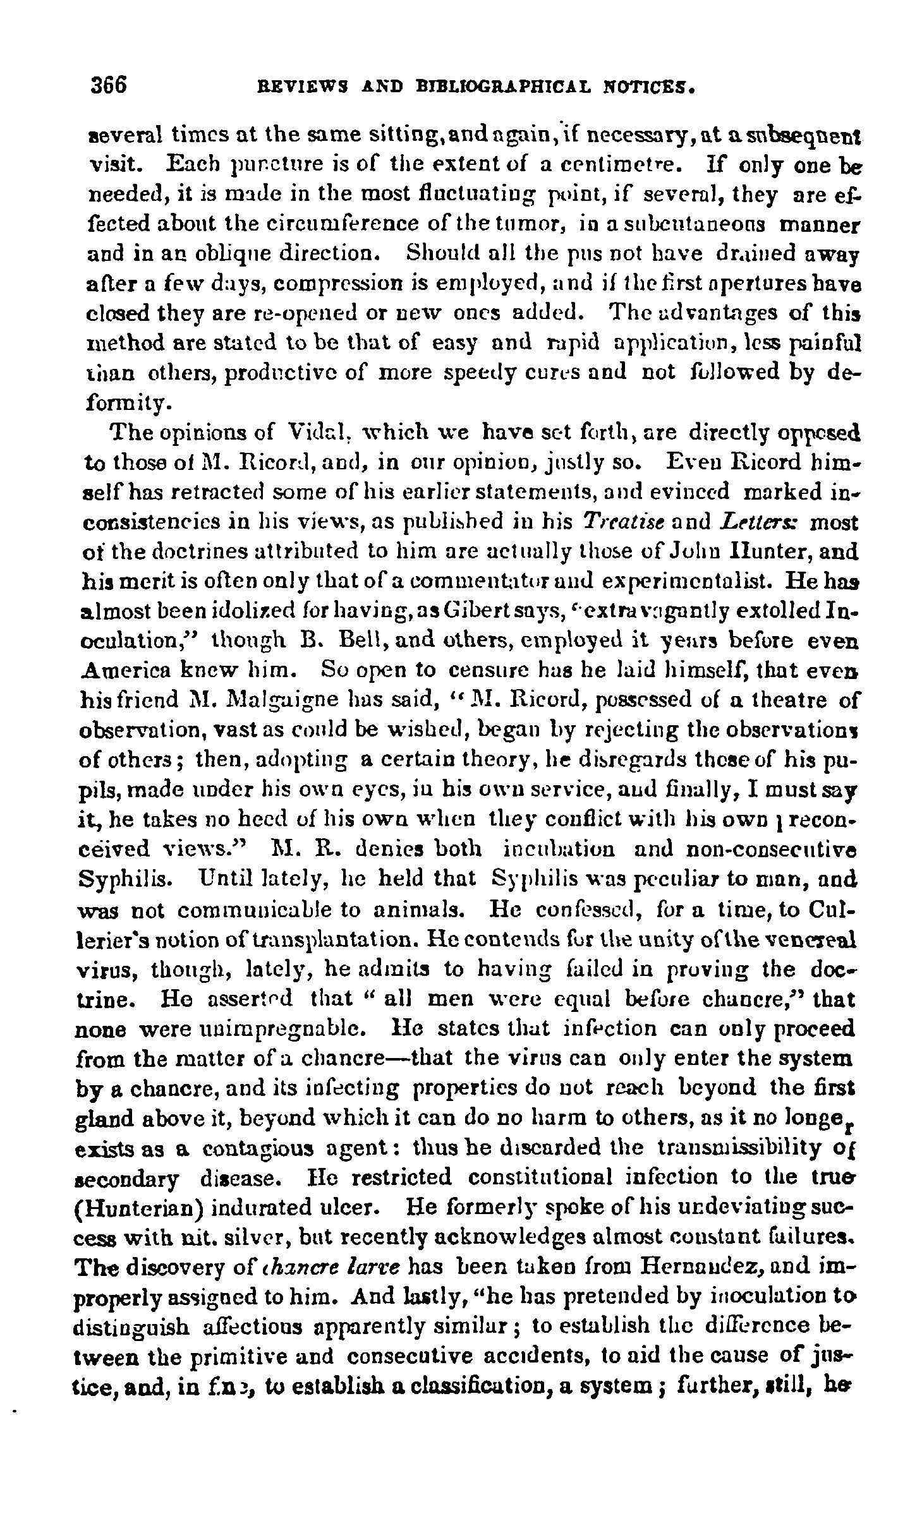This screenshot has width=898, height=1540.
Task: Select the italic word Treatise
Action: click(x=613, y=524)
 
